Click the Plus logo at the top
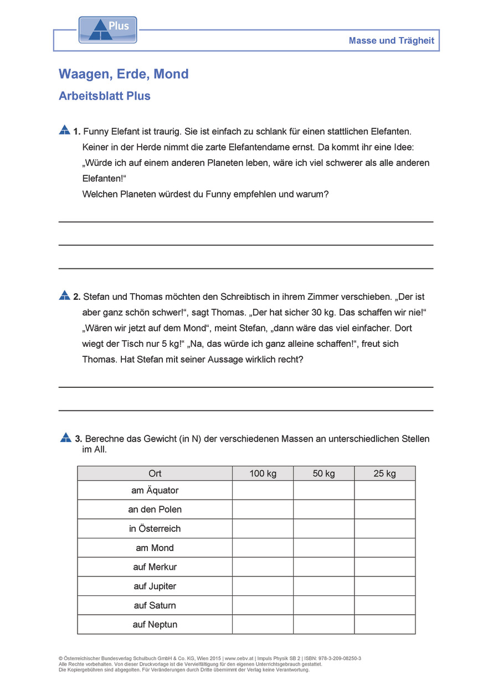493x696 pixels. [x=107, y=30]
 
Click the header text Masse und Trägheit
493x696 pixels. [x=391, y=40]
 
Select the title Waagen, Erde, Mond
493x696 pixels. [x=124, y=74]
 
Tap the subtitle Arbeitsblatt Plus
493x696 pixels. [x=105, y=96]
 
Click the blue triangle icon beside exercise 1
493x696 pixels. [x=65, y=130]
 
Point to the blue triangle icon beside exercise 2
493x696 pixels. [x=65, y=295]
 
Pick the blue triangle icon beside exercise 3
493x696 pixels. [x=66, y=437]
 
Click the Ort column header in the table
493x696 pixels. [x=155, y=474]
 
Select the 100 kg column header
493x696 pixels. [x=263, y=474]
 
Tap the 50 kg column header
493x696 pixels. [x=323, y=474]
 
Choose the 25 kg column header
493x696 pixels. [x=384, y=474]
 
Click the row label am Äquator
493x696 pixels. [x=155, y=490]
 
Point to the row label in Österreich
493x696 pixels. [x=155, y=528]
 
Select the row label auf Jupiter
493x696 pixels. [x=155, y=586]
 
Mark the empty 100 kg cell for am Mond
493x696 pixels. [x=263, y=548]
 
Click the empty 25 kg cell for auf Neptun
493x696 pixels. [x=384, y=625]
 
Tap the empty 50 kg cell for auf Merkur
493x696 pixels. [x=323, y=567]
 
